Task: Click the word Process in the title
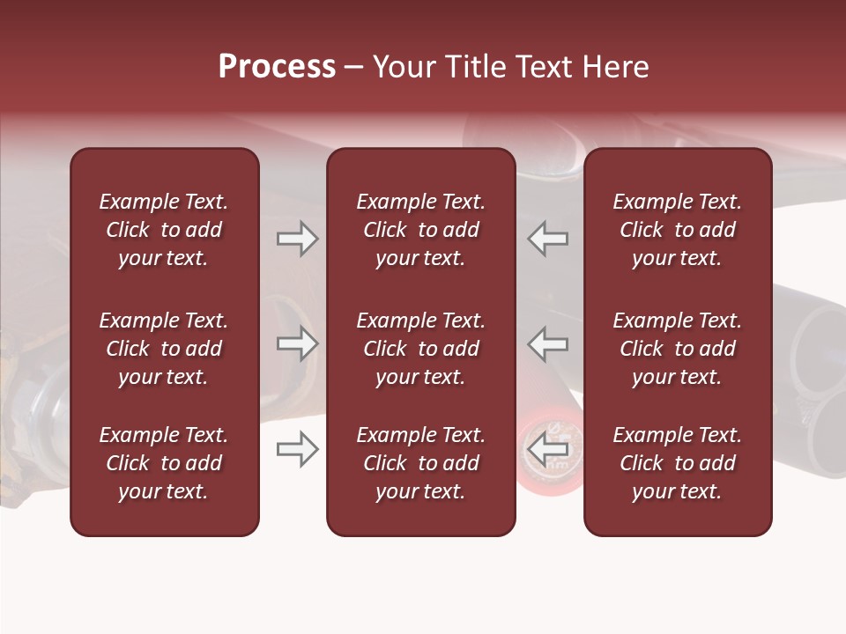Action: [x=277, y=67]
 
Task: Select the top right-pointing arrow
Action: [x=297, y=239]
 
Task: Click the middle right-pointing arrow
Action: [x=297, y=343]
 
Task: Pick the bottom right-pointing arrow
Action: [x=297, y=449]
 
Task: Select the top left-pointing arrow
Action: [x=547, y=239]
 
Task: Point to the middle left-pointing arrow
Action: [x=547, y=343]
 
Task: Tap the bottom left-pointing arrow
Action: [x=547, y=449]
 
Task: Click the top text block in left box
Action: [x=164, y=230]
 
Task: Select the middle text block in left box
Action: [x=164, y=349]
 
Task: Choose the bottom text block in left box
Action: [x=164, y=463]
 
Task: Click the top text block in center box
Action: [x=421, y=230]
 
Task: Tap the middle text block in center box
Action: [x=421, y=349]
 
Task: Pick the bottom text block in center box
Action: [x=421, y=463]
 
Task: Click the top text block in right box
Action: [x=678, y=230]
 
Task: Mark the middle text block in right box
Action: [x=678, y=349]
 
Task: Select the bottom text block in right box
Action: [x=678, y=463]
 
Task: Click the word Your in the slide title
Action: [x=403, y=67]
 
